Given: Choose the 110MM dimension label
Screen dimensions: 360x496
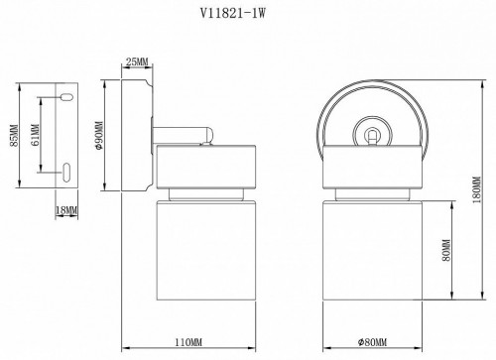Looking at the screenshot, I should tap(189, 343).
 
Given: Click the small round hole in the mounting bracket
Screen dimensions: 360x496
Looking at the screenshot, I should tap(65, 97).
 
